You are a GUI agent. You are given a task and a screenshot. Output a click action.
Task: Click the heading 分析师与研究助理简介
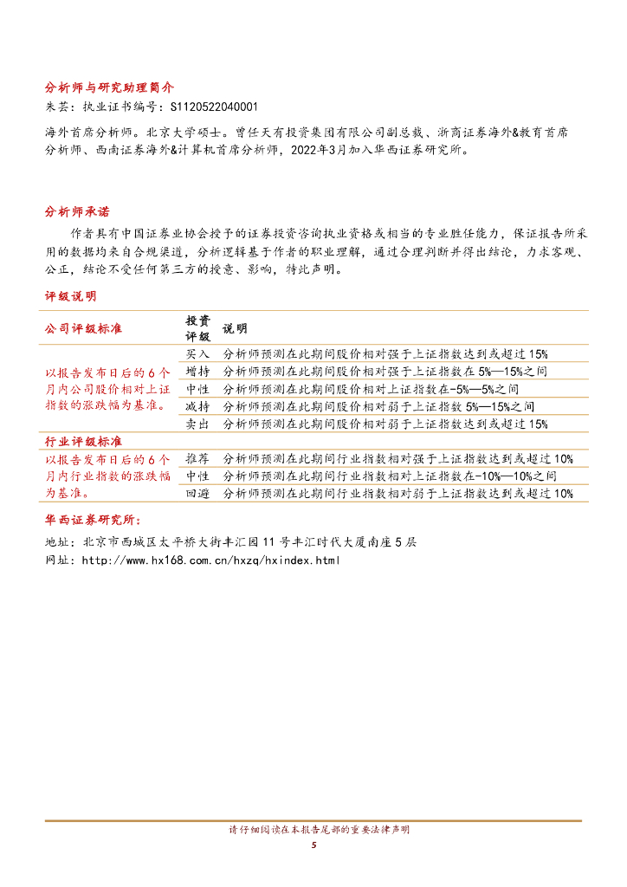pyautogui.click(x=109, y=87)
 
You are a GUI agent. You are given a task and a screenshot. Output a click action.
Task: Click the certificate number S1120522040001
pyautogui.click(x=215, y=107)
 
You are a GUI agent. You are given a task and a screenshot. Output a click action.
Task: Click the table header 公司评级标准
pyautogui.click(x=83, y=328)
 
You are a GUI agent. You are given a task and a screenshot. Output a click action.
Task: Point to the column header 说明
pyautogui.click(x=235, y=328)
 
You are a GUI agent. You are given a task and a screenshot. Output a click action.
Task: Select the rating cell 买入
pyautogui.click(x=197, y=353)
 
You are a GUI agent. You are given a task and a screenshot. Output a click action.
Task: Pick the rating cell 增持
pyautogui.click(x=197, y=371)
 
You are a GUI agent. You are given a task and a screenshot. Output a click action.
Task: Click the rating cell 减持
pyautogui.click(x=197, y=406)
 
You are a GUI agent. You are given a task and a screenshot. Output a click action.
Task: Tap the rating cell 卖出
pyautogui.click(x=197, y=424)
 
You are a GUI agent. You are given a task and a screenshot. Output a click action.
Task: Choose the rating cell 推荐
pyautogui.click(x=197, y=458)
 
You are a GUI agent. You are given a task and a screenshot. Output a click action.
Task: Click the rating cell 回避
pyautogui.click(x=197, y=493)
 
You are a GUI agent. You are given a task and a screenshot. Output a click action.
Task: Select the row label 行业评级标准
pyautogui.click(x=83, y=442)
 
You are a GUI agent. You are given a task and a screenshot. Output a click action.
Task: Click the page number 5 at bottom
pyautogui.click(x=313, y=845)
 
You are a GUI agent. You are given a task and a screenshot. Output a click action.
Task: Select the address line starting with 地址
pyautogui.click(x=230, y=541)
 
